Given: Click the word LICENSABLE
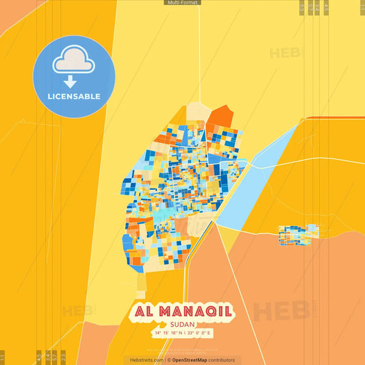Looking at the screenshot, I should [74, 97].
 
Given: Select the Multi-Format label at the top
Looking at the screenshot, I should [182, 3].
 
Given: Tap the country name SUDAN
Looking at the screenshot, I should [182, 325].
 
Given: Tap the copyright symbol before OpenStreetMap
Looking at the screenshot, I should [168, 360].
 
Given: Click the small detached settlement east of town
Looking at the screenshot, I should [298, 234].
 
